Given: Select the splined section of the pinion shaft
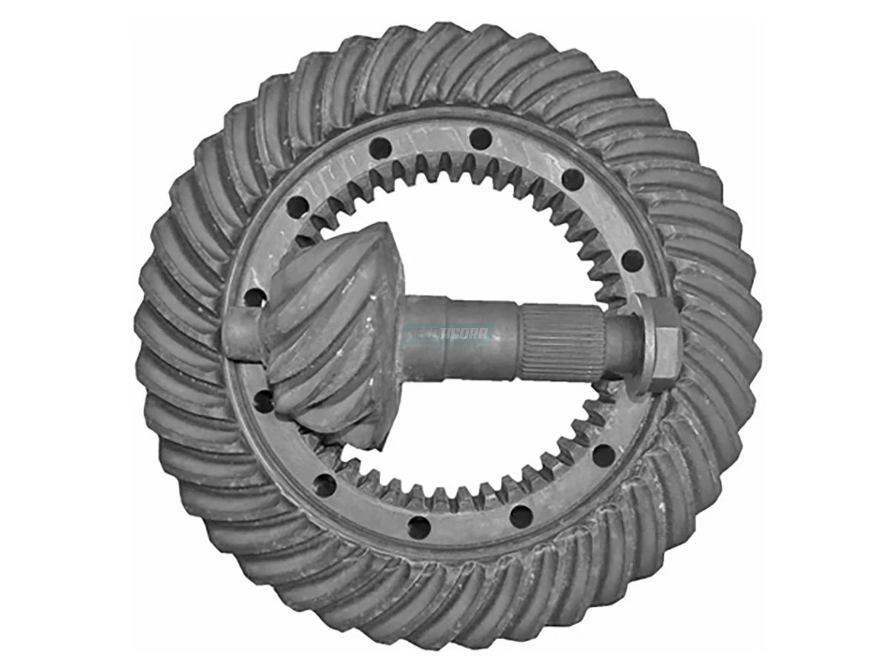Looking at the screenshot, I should pyautogui.click(x=562, y=342).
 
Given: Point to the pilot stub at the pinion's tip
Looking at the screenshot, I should pyautogui.click(x=241, y=336).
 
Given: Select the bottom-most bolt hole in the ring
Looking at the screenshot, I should pyautogui.click(x=419, y=527).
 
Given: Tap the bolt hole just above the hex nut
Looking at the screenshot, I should pyautogui.click(x=632, y=260).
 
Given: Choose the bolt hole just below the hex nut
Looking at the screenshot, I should pyautogui.click(x=603, y=453).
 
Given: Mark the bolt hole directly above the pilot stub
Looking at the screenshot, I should pyautogui.click(x=256, y=297).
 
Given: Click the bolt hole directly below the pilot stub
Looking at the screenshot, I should pyautogui.click(x=264, y=402).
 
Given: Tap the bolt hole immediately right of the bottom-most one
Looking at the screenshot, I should pyautogui.click(x=521, y=515).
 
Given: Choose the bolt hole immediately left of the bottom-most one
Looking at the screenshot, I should pyautogui.click(x=326, y=486).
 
